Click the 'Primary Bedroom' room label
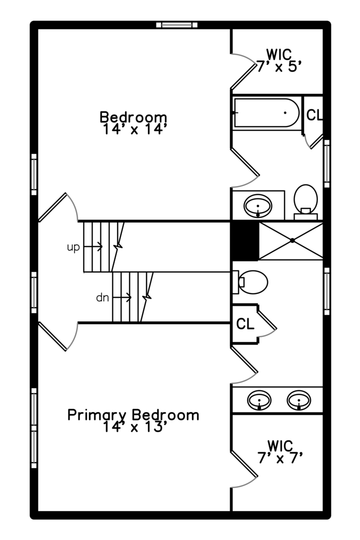pos(133,415)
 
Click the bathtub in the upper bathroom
pos(267,113)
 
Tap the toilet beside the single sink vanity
pos(305,200)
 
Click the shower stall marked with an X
pos(291,241)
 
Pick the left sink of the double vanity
pos(260,400)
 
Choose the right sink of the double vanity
pos(298,400)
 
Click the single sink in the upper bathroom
pos(258,205)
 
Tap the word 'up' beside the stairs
pos(73,247)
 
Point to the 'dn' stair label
pos(102,298)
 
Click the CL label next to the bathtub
pos(314,115)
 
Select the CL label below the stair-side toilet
pos(245,324)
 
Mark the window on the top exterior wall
pos(176,24)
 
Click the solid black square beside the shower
pos(244,241)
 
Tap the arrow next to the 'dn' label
pos(122,297)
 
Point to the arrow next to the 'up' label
pos(93,246)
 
